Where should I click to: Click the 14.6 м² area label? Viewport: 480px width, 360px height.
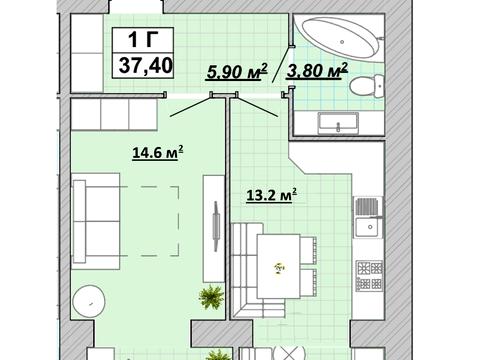tap(158, 152)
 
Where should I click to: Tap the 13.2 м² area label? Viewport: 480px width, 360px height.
tap(271, 195)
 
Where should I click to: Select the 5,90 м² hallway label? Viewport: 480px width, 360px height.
tap(237, 71)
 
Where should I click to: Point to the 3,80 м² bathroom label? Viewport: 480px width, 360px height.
tap(317, 70)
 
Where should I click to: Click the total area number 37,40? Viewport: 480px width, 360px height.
tap(146, 65)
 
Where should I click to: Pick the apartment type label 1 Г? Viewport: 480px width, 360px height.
tap(143, 39)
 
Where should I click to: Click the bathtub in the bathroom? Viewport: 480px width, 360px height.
tap(339, 39)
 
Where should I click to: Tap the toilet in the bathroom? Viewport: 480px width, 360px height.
tap(367, 86)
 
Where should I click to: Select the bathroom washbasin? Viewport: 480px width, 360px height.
tap(338, 123)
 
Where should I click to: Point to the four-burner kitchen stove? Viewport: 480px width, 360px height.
tap(369, 275)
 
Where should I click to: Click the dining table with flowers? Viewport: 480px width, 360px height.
tap(279, 266)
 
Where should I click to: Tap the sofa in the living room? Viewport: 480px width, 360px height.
tap(96, 221)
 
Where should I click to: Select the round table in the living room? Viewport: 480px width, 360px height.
tap(89, 302)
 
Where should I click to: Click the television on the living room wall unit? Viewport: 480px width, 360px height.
tap(216, 226)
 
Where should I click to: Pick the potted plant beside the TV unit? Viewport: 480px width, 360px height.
tap(211, 297)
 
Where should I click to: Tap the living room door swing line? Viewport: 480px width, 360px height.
tap(191, 107)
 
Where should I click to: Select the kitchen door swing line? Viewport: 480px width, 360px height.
tap(257, 107)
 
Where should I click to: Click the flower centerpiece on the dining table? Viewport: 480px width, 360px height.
tap(279, 268)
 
